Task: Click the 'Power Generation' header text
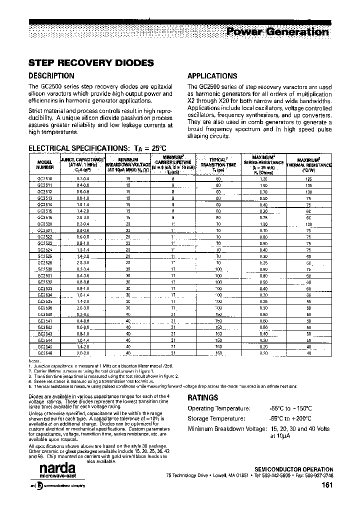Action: (277, 32)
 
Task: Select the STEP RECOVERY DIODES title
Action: (90, 63)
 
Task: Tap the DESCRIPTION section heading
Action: (51, 76)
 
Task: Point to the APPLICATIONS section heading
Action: (212, 76)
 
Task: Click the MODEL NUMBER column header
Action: (44, 165)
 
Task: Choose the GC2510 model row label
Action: (44, 178)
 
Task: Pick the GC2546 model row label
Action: (44, 353)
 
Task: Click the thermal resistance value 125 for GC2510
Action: (308, 178)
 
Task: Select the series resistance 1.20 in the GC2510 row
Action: (263, 178)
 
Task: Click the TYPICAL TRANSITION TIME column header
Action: (218, 164)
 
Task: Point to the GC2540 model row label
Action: (44, 314)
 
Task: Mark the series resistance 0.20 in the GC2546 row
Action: (263, 353)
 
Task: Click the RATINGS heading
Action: (202, 398)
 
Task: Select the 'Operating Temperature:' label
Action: (216, 409)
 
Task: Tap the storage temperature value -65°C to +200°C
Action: (290, 418)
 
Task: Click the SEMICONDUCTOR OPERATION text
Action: (293, 469)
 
